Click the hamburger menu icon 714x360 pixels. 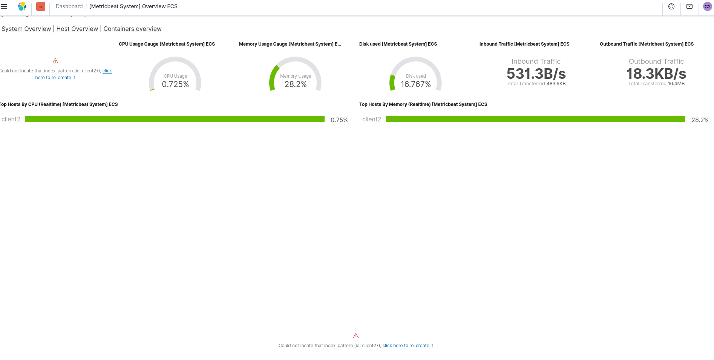[5, 6]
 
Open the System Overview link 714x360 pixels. [26, 29]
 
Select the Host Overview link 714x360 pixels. [77, 29]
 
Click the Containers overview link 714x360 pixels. [132, 29]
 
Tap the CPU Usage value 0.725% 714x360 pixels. [175, 84]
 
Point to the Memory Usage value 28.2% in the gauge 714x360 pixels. [296, 84]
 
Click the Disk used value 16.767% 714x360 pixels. [415, 84]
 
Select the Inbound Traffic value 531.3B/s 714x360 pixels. [536, 74]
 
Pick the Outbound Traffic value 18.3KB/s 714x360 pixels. [656, 74]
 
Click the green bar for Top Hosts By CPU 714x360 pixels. [175, 119]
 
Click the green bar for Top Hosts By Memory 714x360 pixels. [535, 119]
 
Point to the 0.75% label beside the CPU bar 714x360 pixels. [339, 120]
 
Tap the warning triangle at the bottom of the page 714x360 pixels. [356, 336]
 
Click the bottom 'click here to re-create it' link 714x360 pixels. [408, 346]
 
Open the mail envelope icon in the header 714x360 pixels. [689, 6]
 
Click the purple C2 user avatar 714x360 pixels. [708, 6]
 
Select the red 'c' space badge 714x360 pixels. [41, 6]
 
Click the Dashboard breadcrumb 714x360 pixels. [69, 6]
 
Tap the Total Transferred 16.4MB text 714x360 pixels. [656, 84]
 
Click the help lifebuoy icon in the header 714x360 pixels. [671, 6]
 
